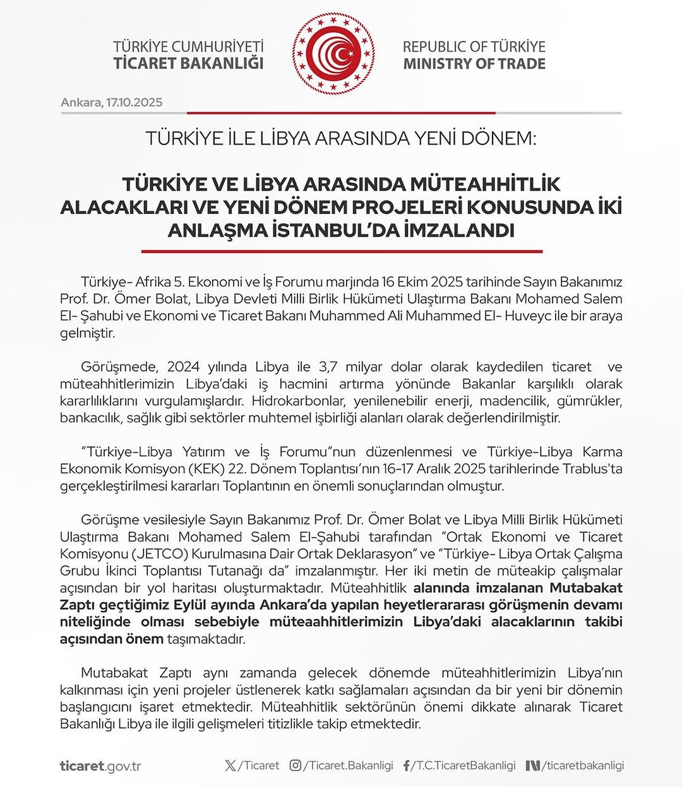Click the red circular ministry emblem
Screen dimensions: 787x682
pyautogui.click(x=333, y=54)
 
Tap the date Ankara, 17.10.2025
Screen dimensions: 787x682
pyautogui.click(x=112, y=102)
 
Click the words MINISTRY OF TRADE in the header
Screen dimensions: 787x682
pyautogui.click(x=474, y=64)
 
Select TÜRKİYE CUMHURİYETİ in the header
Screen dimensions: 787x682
pyautogui.click(x=188, y=47)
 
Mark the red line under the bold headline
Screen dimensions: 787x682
pyautogui.click(x=342, y=251)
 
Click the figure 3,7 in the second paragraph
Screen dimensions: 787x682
pyautogui.click(x=328, y=367)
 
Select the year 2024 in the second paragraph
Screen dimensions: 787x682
pyautogui.click(x=183, y=367)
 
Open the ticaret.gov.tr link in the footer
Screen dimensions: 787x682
pyautogui.click(x=100, y=766)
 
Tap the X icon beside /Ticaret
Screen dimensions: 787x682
pyautogui.click(x=230, y=766)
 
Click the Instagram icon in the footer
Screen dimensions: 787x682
pyautogui.click(x=295, y=766)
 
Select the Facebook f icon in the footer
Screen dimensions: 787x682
pyautogui.click(x=406, y=766)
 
